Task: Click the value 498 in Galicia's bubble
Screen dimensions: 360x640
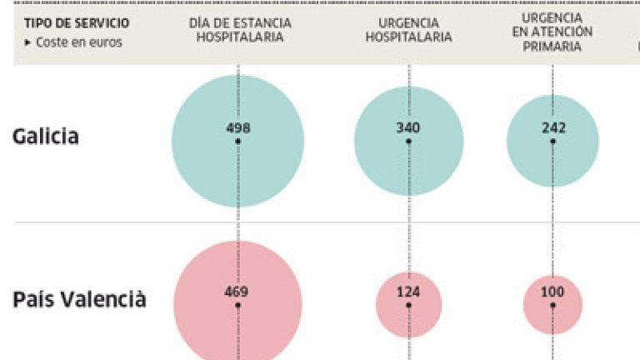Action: coord(237,127)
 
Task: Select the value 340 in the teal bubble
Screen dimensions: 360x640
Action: coord(408,127)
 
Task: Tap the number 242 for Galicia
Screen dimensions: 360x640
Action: coord(552,127)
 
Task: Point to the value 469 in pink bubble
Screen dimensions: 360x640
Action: coord(237,292)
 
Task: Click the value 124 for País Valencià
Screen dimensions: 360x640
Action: coord(408,292)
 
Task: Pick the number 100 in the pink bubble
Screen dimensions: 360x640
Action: coord(552,292)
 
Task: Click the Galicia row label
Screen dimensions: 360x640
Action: coord(46,136)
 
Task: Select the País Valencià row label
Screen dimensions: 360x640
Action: coord(80,299)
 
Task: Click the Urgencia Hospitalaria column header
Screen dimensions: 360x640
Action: coord(408,31)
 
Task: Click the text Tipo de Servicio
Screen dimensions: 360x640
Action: coord(76,22)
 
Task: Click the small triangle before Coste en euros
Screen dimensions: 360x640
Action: coord(27,42)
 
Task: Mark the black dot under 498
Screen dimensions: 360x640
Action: coord(237,142)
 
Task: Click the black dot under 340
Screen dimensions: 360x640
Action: coord(408,142)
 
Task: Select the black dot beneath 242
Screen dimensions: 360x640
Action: coord(552,142)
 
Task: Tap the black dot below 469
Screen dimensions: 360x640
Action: coord(237,305)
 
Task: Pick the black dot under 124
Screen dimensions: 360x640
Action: coord(408,305)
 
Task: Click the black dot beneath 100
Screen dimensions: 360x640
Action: coord(552,305)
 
